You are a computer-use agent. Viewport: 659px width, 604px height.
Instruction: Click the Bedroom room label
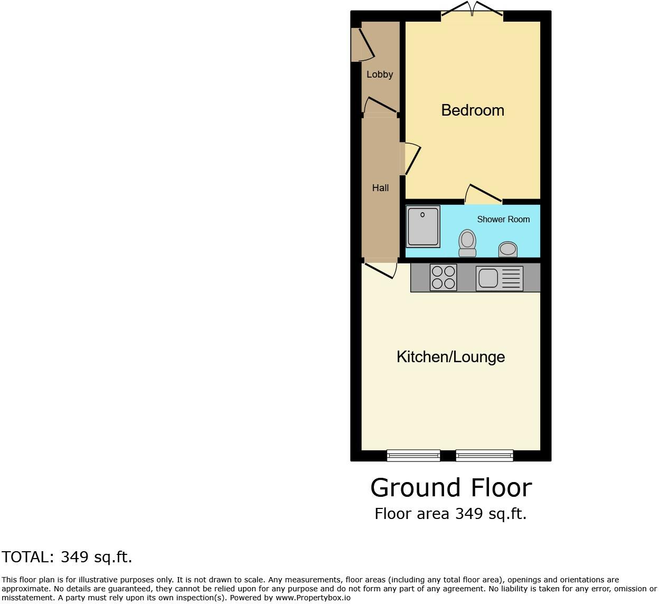(472, 110)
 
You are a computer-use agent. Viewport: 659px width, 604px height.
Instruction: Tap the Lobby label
(380, 74)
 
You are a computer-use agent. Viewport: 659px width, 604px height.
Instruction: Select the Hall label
(380, 187)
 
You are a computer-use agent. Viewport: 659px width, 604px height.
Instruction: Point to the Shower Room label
(503, 219)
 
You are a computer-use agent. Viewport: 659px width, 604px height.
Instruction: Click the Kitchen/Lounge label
(450, 357)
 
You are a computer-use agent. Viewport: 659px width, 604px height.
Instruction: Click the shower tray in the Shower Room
(423, 227)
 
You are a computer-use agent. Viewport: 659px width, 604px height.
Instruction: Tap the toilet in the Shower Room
(467, 243)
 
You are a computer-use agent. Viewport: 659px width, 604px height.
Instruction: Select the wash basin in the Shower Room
(508, 249)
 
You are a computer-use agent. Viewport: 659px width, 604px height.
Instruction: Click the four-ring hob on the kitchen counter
(443, 277)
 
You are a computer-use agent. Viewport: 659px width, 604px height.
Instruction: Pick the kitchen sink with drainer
(499, 278)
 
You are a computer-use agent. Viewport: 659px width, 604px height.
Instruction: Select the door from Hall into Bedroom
(411, 158)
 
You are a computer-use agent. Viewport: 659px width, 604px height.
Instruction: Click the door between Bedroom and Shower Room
(483, 194)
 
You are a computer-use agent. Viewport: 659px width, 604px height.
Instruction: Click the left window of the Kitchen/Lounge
(413, 455)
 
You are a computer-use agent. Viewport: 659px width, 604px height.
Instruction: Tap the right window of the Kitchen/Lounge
(484, 455)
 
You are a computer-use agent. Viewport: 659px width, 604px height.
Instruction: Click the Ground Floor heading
(451, 487)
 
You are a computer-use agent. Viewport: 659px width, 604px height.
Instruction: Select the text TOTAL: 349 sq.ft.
(67, 557)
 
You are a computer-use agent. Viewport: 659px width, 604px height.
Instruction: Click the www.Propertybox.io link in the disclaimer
(313, 598)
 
